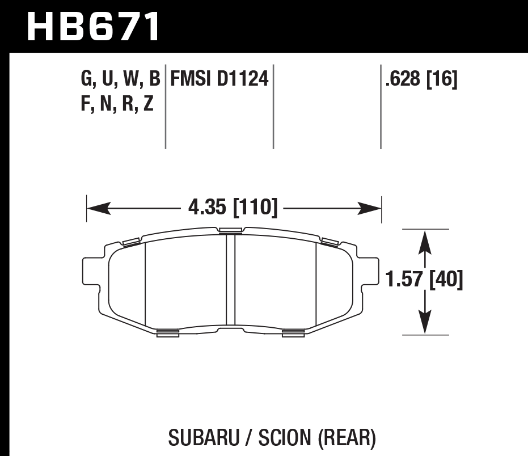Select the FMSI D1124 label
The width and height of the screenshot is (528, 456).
(219, 79)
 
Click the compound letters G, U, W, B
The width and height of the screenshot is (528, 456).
(121, 79)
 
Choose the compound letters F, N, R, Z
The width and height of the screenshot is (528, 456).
(117, 104)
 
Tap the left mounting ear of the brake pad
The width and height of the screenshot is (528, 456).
(90, 272)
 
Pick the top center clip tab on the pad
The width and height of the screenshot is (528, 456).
(230, 230)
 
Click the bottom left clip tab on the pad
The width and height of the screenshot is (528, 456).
(167, 333)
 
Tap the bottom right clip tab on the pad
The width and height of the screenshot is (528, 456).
(293, 333)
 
